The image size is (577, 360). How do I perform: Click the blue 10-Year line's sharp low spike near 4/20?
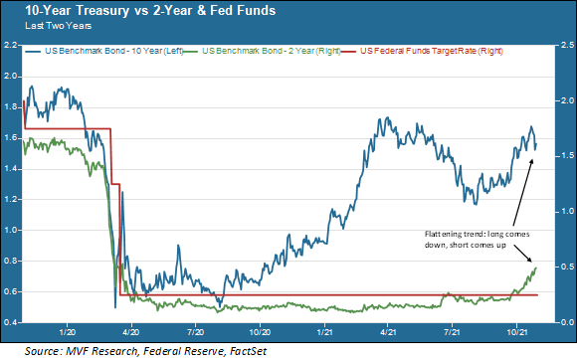[x=115, y=305]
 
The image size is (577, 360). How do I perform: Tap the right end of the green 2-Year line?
[x=535, y=267]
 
